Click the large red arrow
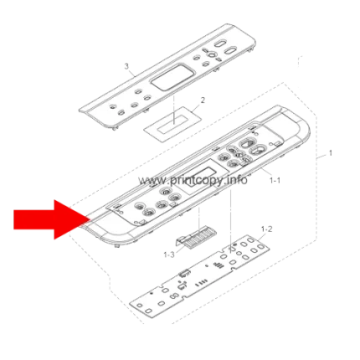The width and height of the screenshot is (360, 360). pyautogui.click(x=52, y=219)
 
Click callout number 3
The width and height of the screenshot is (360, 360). pyautogui.click(x=126, y=66)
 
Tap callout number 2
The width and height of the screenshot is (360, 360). pyautogui.click(x=203, y=100)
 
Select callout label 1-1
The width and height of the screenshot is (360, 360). pyautogui.click(x=275, y=181)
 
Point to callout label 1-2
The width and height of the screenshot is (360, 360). pyautogui.click(x=266, y=229)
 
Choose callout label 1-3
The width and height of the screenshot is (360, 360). pyautogui.click(x=169, y=255)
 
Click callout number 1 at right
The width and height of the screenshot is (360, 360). pyautogui.click(x=331, y=153)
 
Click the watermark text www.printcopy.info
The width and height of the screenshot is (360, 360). pyautogui.click(x=193, y=180)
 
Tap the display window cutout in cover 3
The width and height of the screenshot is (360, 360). pyautogui.click(x=170, y=77)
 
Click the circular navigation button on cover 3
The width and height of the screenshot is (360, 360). pyautogui.click(x=212, y=54)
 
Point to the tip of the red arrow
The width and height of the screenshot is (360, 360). pyautogui.click(x=90, y=219)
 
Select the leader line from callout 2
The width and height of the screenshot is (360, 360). pyautogui.click(x=197, y=108)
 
